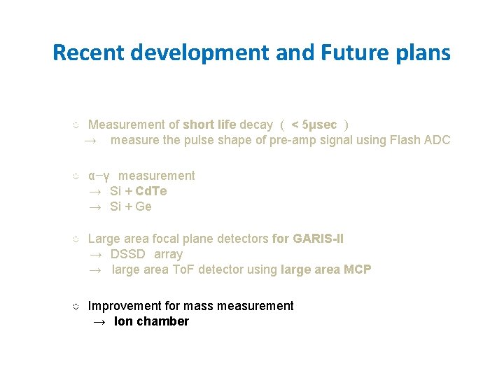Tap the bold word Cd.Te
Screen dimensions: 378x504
(151, 191)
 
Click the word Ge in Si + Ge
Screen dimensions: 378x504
(143, 206)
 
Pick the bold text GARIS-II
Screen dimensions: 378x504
(318, 239)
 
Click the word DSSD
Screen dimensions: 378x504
(128, 254)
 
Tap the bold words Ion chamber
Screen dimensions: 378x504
(151, 321)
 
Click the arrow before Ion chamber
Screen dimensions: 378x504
(99, 322)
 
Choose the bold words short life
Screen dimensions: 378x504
(209, 125)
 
